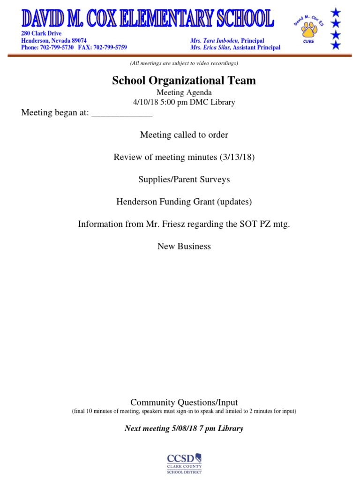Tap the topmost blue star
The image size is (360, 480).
[335, 11]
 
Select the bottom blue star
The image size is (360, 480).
[335, 45]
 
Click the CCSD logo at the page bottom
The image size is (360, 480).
[184, 464]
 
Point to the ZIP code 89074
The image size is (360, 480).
[79, 41]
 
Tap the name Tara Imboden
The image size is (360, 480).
[221, 41]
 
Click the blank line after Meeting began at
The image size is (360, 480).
[121, 113]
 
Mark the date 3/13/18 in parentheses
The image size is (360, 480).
[237, 157]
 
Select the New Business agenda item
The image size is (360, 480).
[184, 246]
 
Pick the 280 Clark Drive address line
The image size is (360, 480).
[41, 34]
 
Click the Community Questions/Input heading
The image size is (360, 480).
[184, 402]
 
